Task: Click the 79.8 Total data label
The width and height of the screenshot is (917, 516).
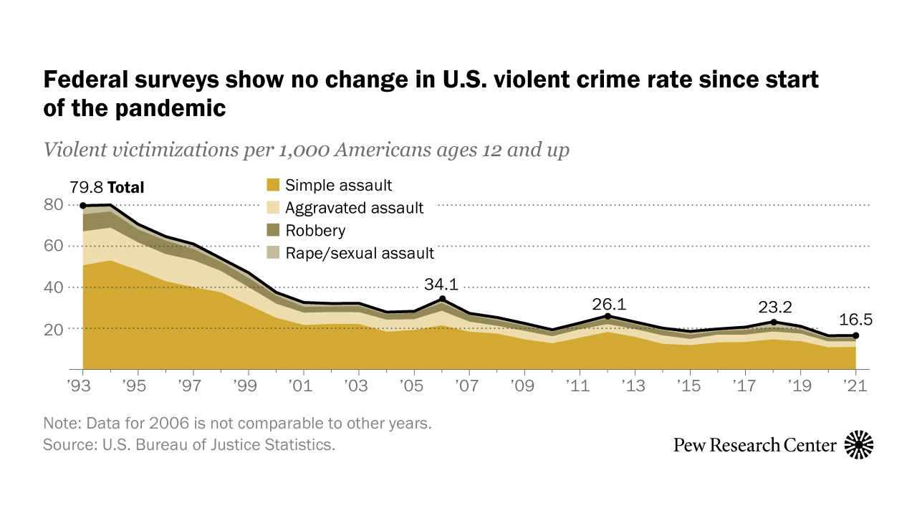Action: pos(107,188)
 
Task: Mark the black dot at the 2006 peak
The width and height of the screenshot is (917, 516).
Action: pos(443,298)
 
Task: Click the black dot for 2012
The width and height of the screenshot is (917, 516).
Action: pos(608,316)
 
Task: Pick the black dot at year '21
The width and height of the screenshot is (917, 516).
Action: pos(856,335)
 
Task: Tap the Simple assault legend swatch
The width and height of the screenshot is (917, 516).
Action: pos(272,186)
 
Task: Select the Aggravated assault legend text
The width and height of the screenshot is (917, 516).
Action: pos(354,209)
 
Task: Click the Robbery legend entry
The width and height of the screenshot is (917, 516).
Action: pos(315,231)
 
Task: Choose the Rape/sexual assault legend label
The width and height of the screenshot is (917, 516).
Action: pos(360,253)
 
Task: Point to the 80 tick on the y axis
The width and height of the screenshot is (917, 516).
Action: pos(54,206)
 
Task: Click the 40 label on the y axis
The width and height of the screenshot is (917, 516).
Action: pos(54,287)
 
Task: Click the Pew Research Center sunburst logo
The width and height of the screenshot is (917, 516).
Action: pos(858,445)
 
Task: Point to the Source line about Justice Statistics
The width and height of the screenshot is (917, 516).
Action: pos(189,444)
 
